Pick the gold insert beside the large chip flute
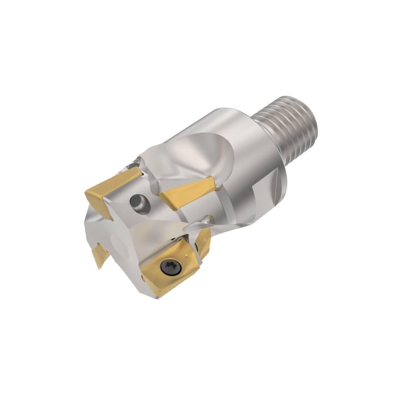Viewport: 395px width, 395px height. (x=186, y=193)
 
